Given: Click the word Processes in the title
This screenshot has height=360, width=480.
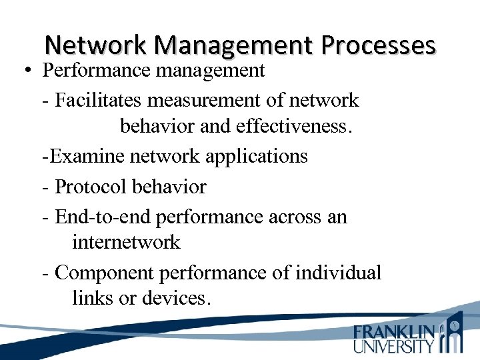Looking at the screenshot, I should (378, 45).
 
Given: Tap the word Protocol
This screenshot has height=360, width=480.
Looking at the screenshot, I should (91, 187).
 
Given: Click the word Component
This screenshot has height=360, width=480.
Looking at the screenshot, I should (101, 273).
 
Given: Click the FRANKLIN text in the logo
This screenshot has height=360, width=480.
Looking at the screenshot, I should (394, 332).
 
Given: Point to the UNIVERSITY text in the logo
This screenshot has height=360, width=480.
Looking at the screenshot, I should (394, 346).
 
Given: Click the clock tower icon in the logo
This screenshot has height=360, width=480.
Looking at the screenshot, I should (453, 333).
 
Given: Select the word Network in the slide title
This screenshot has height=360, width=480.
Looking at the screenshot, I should (97, 45).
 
